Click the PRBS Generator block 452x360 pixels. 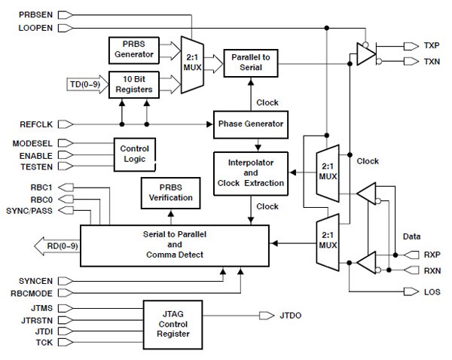click(x=133, y=50)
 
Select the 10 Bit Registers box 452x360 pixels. click(x=133, y=84)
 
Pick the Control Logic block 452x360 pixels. click(x=135, y=154)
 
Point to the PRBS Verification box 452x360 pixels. click(x=169, y=194)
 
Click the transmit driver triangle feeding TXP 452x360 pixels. click(x=366, y=52)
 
